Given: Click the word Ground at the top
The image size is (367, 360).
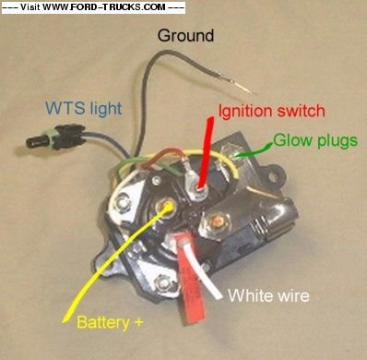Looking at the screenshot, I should click(x=185, y=37).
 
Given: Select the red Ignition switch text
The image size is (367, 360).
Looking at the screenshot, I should click(x=271, y=112).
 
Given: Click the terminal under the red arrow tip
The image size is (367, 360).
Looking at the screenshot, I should click(x=196, y=185).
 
